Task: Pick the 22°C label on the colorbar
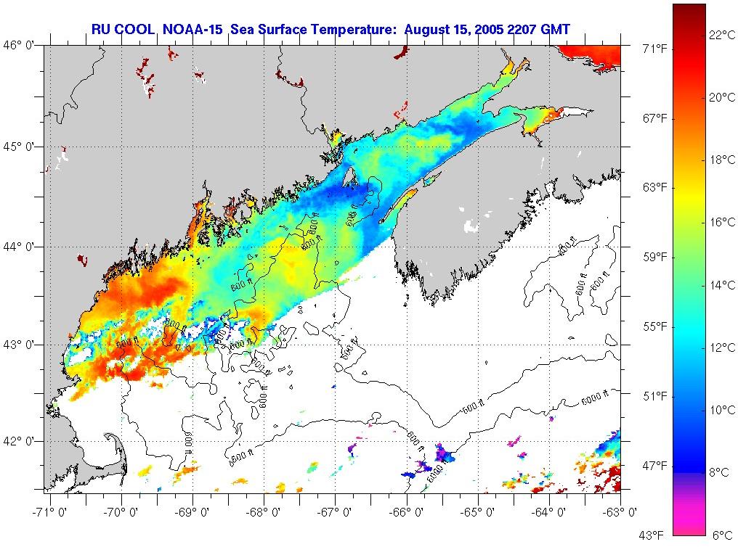coord(722,34)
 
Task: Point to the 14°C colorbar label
coord(722,285)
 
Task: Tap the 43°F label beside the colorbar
coord(651,536)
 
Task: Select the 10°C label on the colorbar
coord(722,410)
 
